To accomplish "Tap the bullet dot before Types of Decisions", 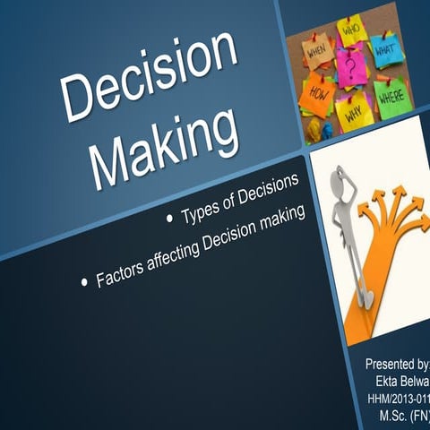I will [x=171, y=219].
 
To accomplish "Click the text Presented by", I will [x=396, y=364].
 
